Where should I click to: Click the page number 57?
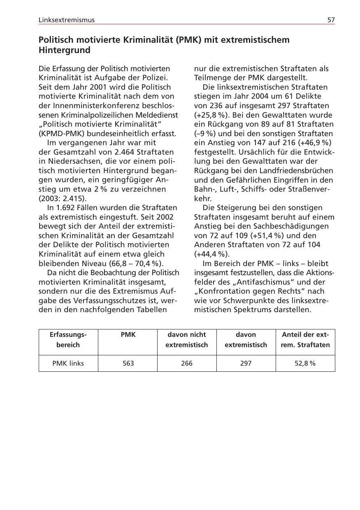click(331, 20)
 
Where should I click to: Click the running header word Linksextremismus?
click(66, 20)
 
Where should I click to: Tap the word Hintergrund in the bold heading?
click(64, 50)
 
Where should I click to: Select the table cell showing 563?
click(128, 364)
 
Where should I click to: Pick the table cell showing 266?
click(187, 364)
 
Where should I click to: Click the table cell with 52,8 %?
click(305, 364)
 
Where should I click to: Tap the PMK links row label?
click(68, 364)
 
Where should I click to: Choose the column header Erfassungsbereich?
click(68, 340)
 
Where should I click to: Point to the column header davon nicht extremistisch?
click(187, 340)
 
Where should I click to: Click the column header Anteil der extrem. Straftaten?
click(305, 340)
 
